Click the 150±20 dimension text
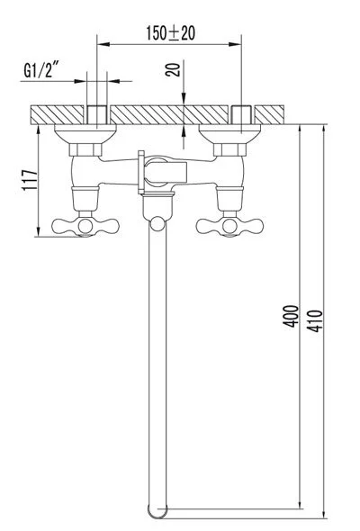click(171, 34)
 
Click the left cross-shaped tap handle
click(76, 225)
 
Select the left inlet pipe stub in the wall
click(97, 114)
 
